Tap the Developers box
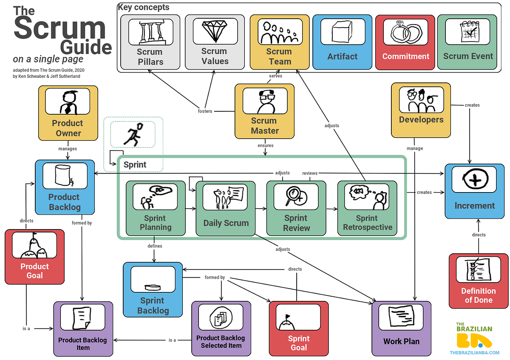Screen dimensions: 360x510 pyautogui.click(x=421, y=110)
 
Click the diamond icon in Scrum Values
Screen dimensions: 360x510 pyautogui.click(x=214, y=30)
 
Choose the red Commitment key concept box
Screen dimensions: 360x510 pyautogui.click(x=405, y=42)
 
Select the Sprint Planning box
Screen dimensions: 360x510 pyautogui.click(x=156, y=208)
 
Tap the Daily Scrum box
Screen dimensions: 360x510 pyautogui.click(x=225, y=208)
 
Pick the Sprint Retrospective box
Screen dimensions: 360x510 pyautogui.click(x=367, y=208)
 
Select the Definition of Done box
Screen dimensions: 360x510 pyautogui.click(x=478, y=281)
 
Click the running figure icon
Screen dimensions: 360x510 pyautogui.click(x=133, y=134)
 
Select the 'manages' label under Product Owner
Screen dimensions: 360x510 pyautogui.click(x=68, y=149)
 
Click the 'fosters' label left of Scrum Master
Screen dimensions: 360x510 pyautogui.click(x=205, y=111)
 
